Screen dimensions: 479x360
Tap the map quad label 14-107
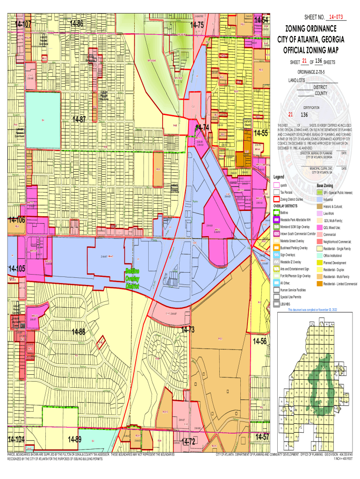pos(22,24)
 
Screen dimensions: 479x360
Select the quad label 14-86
pos(76,24)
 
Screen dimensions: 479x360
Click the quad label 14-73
pos(187,330)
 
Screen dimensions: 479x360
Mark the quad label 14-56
pos(260,341)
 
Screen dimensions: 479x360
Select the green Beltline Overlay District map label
pos(132,279)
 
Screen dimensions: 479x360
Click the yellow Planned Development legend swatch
pos(320,262)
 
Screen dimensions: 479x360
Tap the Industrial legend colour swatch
pos(320,199)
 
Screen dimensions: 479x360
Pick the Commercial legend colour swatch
pos(320,234)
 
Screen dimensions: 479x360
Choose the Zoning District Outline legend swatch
pos(276,199)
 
